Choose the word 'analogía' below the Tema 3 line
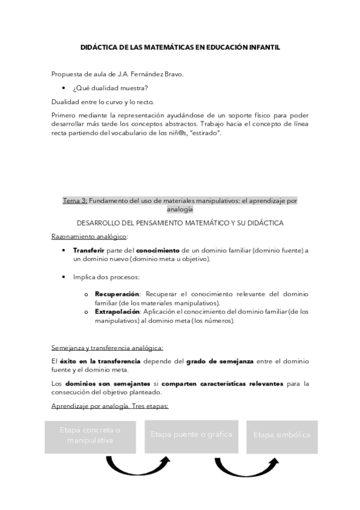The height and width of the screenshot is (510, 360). tap(180, 209)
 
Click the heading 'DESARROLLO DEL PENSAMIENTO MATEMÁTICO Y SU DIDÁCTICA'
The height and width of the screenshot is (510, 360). tap(180, 223)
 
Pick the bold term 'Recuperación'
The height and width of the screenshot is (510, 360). tap(117, 293)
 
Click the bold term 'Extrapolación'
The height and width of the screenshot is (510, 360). tap(118, 312)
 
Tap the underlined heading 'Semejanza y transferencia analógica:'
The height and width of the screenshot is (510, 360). tap(107, 347)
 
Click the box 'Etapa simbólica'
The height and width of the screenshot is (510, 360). tap(282, 434)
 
